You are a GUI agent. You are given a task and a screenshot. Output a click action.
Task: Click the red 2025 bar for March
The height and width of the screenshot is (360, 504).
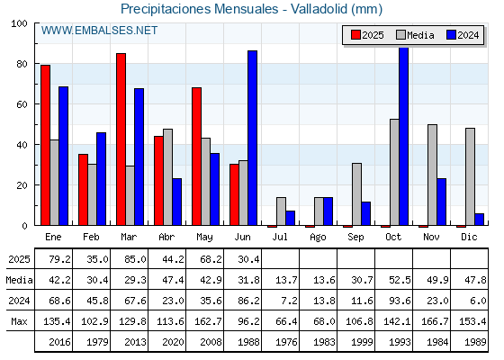coord(121,139)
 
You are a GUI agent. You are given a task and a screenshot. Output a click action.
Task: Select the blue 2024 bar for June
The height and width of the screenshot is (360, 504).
coord(252,138)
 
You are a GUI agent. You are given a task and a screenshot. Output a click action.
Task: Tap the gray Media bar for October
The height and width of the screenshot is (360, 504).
coord(394,172)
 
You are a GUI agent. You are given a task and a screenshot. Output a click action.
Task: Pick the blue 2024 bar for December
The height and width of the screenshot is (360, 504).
coord(479,220)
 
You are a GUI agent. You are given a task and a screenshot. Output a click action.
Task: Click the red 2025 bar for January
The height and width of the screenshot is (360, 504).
coord(46,145)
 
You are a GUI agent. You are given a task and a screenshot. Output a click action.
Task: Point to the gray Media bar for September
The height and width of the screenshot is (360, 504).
coord(356,194)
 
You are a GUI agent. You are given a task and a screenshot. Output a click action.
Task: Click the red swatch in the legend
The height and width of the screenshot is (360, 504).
coord(355,35)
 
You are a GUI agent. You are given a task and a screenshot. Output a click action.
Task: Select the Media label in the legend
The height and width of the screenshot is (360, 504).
coord(420,35)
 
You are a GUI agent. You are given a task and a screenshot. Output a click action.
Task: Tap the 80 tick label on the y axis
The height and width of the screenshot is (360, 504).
coord(22,64)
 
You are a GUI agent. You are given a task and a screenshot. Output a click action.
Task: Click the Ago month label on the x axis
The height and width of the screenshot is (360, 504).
coord(318,238)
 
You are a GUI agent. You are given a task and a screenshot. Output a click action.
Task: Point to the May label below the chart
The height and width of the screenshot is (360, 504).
coord(204,238)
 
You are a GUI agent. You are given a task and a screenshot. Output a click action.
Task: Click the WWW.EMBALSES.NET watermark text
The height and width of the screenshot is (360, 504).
coord(99,31)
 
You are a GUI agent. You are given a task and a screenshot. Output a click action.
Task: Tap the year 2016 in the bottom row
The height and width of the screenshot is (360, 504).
coord(59,342)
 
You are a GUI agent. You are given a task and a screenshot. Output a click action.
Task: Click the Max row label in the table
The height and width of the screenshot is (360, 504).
coord(19,321)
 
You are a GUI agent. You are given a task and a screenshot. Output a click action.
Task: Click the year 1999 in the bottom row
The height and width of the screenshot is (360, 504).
coord(362,342)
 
